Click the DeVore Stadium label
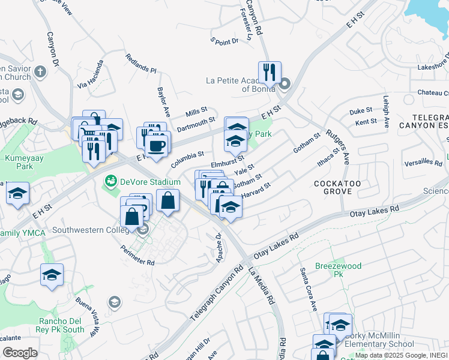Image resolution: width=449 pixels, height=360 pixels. tap(149, 182)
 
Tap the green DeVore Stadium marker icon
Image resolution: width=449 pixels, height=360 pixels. tap(110, 181)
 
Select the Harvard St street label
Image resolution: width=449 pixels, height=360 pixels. tap(256, 190)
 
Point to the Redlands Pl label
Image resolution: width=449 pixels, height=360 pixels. tap(140, 63)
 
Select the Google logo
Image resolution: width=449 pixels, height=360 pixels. tap(20, 353)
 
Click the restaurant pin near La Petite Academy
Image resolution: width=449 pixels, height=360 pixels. tap(270, 73)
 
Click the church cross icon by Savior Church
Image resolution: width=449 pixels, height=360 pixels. tap(40, 73)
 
